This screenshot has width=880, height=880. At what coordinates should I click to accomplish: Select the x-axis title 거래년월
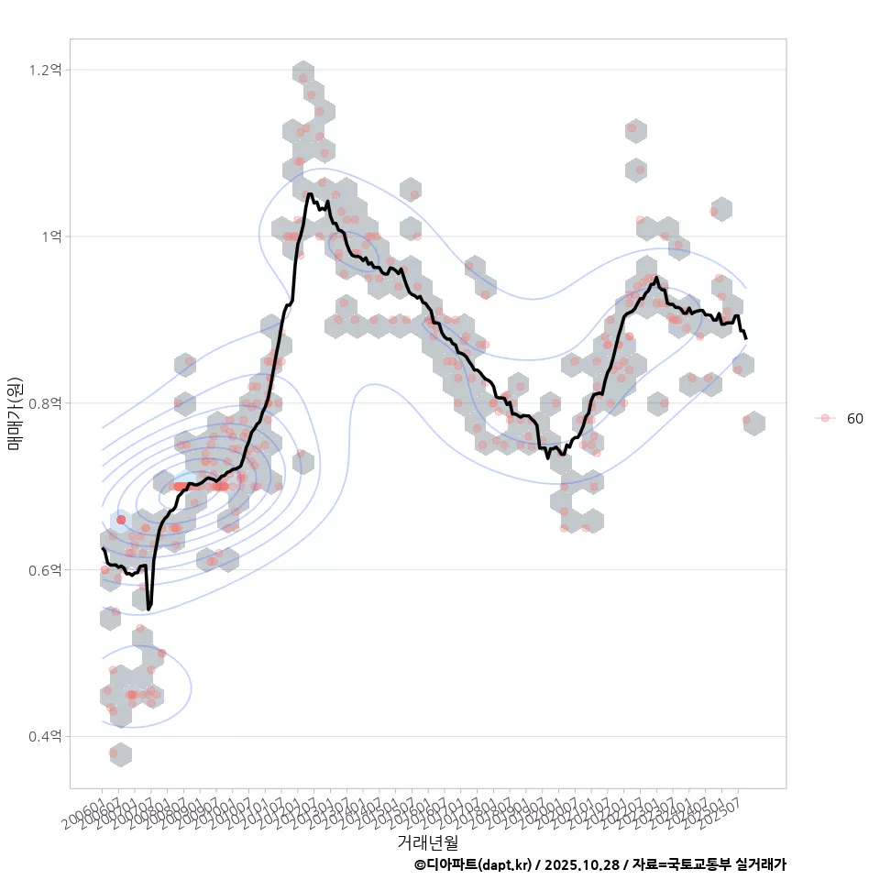(427, 841)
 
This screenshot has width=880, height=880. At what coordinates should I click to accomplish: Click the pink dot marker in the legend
(825, 418)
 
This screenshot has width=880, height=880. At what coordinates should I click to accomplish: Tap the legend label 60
(854, 418)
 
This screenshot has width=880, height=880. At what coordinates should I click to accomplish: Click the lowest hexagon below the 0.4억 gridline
(120, 754)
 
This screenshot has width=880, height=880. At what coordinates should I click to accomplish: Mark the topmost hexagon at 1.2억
(303, 73)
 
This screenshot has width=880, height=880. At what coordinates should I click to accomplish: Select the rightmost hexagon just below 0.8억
(753, 423)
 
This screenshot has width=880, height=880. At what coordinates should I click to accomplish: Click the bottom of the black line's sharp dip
(149, 608)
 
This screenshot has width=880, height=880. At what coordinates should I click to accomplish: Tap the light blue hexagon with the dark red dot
(120, 521)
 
